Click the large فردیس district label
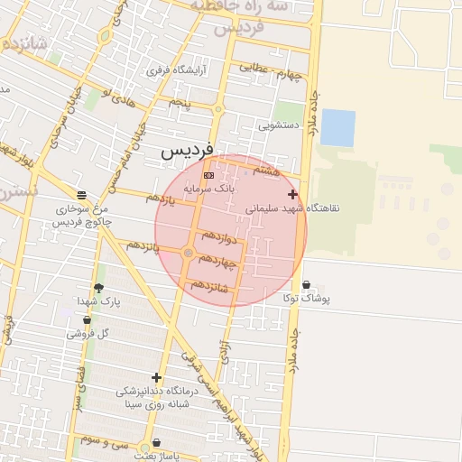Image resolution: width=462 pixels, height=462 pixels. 187,152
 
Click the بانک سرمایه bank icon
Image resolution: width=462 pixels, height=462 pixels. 208,175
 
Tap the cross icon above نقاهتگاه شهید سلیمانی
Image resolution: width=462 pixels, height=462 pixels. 291,194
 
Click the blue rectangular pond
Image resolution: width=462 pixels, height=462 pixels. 337,127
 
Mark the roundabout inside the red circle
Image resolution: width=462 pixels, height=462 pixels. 189,254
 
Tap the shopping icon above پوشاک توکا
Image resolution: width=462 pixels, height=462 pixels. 307,285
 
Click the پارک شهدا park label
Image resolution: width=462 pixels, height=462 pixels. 98,300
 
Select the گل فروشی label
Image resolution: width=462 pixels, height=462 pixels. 88,333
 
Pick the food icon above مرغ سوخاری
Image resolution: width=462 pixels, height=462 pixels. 82,195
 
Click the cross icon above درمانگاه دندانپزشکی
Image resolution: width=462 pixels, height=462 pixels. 157,377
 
